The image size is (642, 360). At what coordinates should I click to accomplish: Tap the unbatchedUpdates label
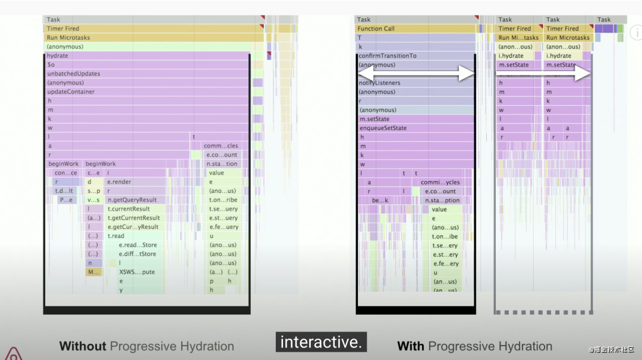tap(74, 74)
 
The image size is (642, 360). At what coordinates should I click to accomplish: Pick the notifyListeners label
tap(380, 83)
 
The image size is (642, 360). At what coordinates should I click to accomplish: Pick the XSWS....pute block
tap(137, 272)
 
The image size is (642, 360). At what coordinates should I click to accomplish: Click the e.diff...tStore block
tap(137, 254)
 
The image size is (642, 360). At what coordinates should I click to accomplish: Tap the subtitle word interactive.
tap(320, 342)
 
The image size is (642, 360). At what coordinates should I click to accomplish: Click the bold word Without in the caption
tap(83, 346)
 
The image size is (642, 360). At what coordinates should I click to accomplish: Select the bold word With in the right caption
tap(410, 346)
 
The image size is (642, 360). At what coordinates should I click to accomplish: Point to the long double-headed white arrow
tap(416, 74)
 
